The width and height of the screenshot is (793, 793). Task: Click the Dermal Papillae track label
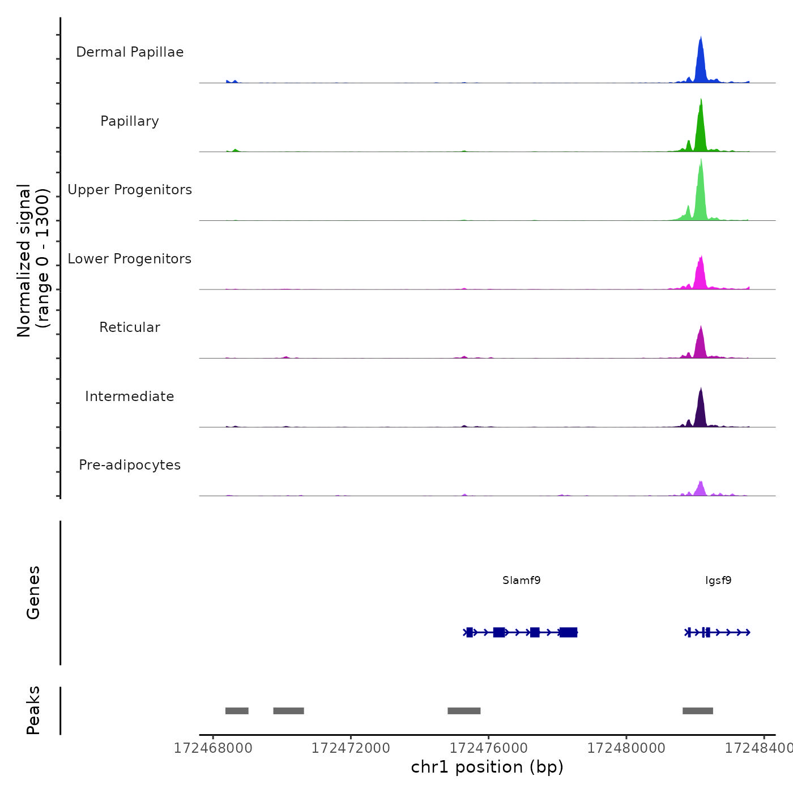(x=130, y=52)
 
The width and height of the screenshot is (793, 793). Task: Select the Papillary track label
(x=130, y=121)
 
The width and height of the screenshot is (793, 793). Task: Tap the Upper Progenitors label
(x=130, y=190)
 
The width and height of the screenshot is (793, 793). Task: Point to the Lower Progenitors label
(x=130, y=259)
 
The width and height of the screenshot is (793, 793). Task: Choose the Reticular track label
(x=130, y=327)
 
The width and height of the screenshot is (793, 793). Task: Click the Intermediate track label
(x=130, y=396)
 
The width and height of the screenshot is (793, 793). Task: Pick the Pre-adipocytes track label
(x=130, y=465)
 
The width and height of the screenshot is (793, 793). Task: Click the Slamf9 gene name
(x=522, y=581)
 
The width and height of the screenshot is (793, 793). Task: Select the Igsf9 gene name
(x=718, y=581)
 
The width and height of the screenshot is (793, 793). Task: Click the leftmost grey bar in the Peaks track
(x=237, y=711)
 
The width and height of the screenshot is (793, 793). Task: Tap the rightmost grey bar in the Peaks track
(x=698, y=711)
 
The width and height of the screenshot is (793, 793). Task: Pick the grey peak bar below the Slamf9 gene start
(x=464, y=711)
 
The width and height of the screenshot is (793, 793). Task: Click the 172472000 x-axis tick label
(x=351, y=748)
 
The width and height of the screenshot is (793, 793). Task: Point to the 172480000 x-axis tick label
(x=626, y=748)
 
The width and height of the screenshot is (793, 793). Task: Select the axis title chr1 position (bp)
(x=487, y=767)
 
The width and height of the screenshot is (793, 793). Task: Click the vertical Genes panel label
(x=33, y=592)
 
